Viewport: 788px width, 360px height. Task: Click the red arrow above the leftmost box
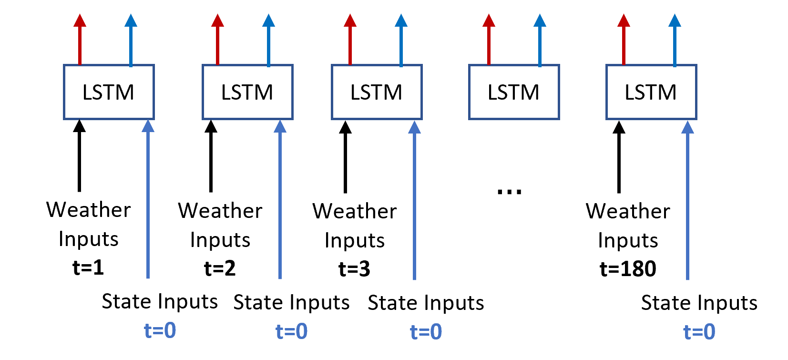tap(80, 41)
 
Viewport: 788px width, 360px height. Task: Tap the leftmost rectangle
tap(109, 92)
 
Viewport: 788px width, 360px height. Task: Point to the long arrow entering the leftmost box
tap(148, 200)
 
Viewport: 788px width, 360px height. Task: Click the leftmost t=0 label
tap(160, 330)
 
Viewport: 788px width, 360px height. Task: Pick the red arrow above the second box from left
tap(217, 41)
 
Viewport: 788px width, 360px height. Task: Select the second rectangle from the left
tap(247, 92)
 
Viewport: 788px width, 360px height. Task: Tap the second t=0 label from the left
tap(292, 331)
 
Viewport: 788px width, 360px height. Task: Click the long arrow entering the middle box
tap(414, 200)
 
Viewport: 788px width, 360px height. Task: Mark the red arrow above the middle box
tap(350, 41)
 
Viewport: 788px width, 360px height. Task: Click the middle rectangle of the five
tap(377, 92)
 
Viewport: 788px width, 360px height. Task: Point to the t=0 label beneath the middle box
tap(426, 332)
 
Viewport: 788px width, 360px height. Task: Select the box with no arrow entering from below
tap(514, 92)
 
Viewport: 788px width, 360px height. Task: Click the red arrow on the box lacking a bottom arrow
tap(489, 41)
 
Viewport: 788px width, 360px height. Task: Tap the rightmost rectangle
tap(651, 92)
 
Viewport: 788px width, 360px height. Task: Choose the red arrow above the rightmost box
tap(624, 41)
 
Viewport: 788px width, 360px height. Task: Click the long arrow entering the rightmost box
tap(687, 200)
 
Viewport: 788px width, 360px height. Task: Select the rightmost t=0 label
tap(699, 332)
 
